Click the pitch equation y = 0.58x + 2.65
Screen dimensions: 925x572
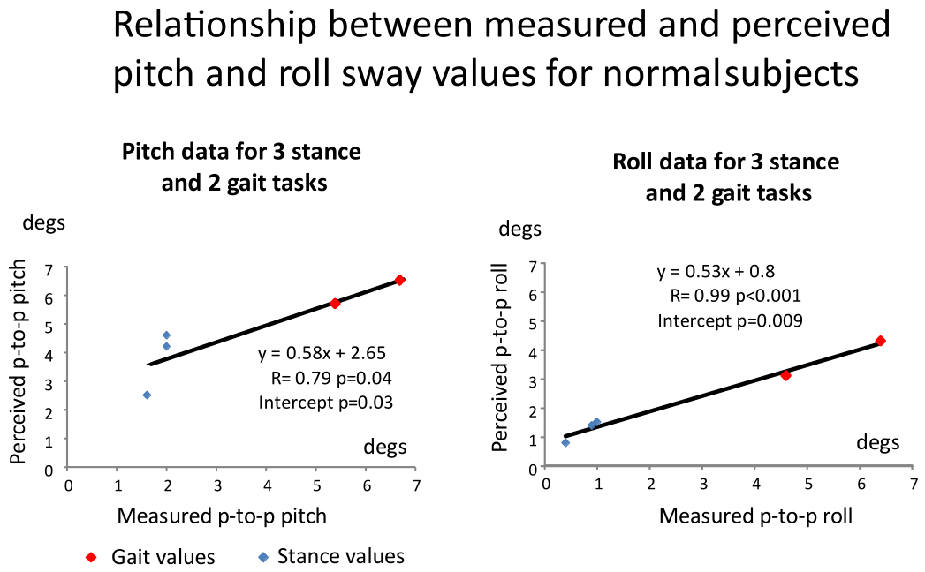(x=322, y=352)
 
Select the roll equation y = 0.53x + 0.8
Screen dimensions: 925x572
(x=716, y=271)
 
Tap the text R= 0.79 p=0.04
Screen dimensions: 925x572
(x=331, y=378)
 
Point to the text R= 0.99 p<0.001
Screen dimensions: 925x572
(x=736, y=296)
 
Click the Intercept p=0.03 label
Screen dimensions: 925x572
(x=326, y=403)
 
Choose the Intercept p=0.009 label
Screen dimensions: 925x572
(x=731, y=320)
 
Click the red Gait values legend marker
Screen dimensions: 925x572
(x=91, y=557)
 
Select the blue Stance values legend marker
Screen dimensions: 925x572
(x=263, y=557)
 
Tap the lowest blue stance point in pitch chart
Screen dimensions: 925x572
(x=147, y=395)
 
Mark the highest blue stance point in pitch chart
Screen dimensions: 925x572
(x=166, y=335)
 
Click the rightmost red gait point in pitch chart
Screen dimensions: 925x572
(x=399, y=280)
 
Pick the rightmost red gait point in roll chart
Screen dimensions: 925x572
(x=880, y=341)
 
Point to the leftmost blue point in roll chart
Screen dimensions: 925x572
(x=565, y=443)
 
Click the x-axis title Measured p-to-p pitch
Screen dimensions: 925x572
(x=222, y=516)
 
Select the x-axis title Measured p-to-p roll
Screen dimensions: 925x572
(x=755, y=516)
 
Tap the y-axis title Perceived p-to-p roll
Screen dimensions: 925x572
(x=500, y=358)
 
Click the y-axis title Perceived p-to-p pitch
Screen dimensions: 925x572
(x=19, y=362)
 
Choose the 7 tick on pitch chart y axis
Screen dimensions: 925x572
(x=49, y=270)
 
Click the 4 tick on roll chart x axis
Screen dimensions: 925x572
(x=755, y=484)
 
